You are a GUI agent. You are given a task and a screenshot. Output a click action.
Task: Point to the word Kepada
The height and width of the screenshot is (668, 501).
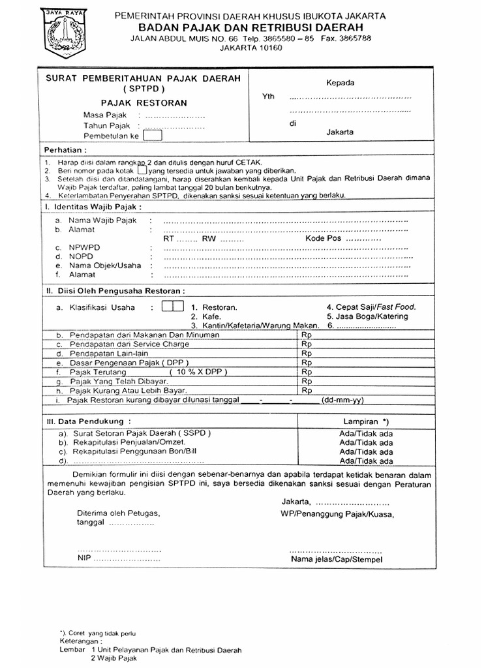340,83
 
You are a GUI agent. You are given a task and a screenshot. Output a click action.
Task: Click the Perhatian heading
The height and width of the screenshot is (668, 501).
65,149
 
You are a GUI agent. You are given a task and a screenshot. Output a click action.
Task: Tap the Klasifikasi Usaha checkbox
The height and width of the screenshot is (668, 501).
172,307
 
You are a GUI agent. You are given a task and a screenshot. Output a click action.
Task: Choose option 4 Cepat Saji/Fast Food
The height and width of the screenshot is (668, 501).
371,307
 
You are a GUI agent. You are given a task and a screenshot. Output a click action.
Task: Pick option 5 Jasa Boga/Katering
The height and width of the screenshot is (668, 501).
367,316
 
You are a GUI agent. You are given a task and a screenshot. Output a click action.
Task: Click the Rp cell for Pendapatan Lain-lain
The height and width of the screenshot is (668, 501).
307,353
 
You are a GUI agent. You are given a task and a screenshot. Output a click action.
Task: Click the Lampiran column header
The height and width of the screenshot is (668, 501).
366,421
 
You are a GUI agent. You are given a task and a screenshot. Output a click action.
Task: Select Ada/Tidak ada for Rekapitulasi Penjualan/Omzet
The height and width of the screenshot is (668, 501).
366,442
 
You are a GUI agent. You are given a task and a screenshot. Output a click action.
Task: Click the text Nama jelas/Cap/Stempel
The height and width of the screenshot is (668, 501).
337,560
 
